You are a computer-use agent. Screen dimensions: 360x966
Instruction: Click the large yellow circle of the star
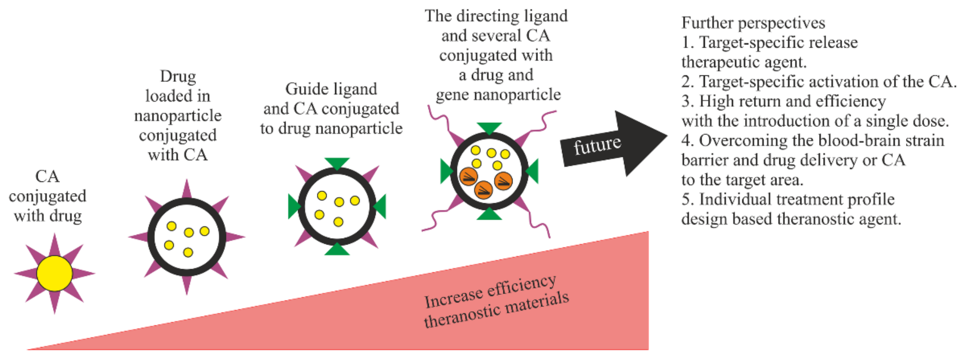[x=54, y=273]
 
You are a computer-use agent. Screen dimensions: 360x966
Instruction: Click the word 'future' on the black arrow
[x=597, y=145]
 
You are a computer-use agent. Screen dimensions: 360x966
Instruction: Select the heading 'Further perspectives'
[x=753, y=23]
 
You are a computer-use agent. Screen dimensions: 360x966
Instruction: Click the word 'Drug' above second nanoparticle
[x=178, y=77]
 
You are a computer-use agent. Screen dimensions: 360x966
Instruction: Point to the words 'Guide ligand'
[x=331, y=89]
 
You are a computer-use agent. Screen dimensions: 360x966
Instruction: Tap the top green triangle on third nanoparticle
[x=337, y=163]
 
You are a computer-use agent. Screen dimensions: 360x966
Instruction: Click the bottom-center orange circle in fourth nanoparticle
[x=483, y=190]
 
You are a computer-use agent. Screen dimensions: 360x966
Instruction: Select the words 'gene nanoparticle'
[x=498, y=95]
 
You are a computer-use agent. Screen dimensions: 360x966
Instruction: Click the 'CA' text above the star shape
[x=47, y=177]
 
